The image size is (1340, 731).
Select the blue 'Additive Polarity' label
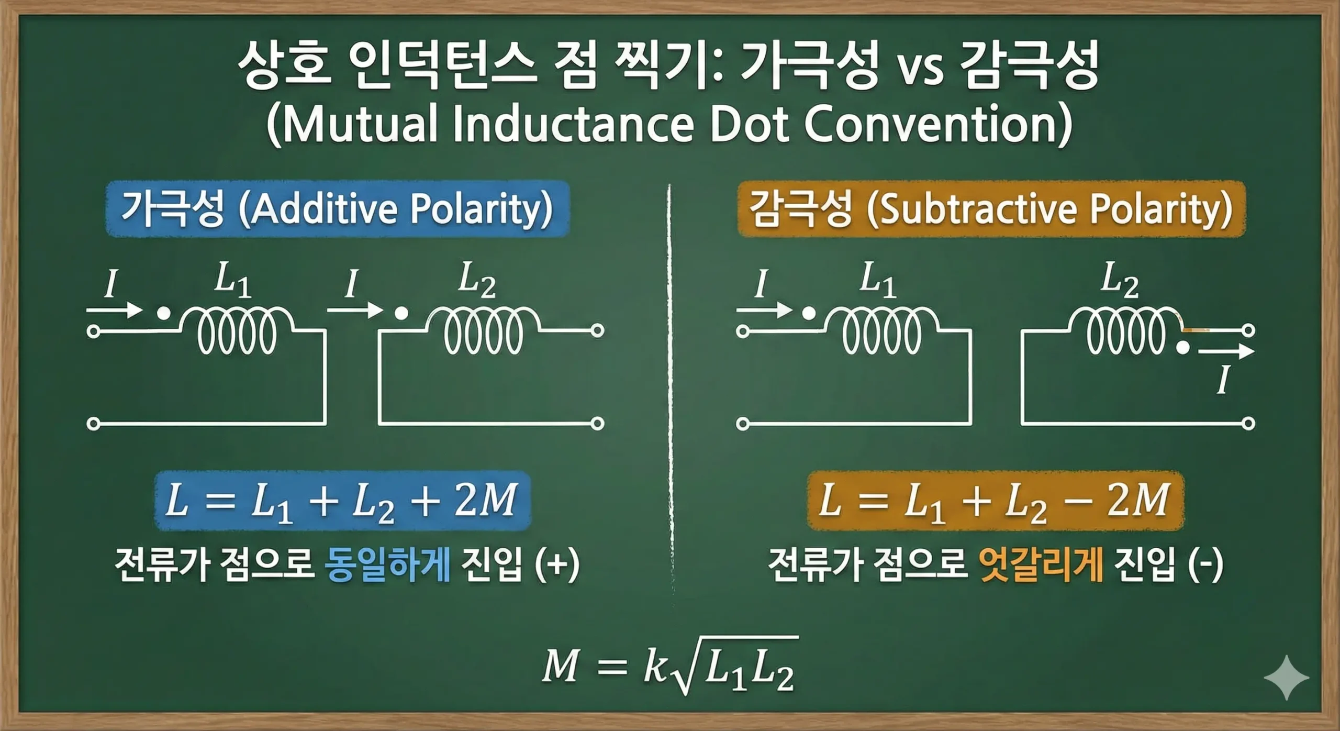click(x=337, y=209)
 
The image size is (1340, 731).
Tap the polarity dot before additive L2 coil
click(x=401, y=314)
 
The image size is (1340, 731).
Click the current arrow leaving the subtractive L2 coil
click(x=1225, y=351)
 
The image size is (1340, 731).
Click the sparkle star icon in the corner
click(x=1286, y=677)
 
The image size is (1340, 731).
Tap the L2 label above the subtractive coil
click(x=1120, y=280)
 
